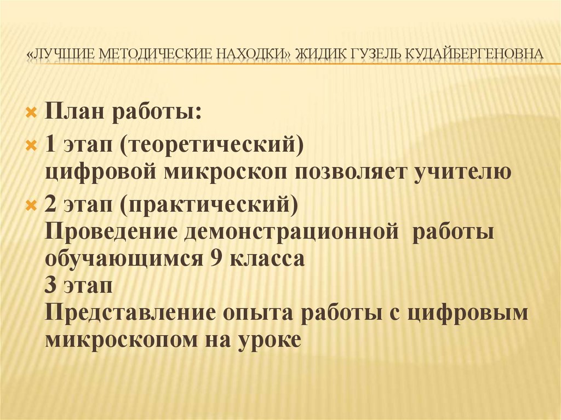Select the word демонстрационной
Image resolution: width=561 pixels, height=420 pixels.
[x=290, y=231]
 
